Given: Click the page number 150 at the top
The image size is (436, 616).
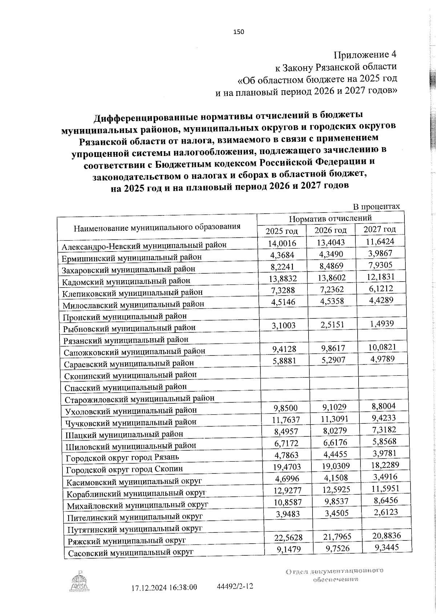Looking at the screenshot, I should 239,32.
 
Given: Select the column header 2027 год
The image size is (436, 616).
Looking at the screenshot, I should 380,229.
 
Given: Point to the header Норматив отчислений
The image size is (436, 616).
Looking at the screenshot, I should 330,218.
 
